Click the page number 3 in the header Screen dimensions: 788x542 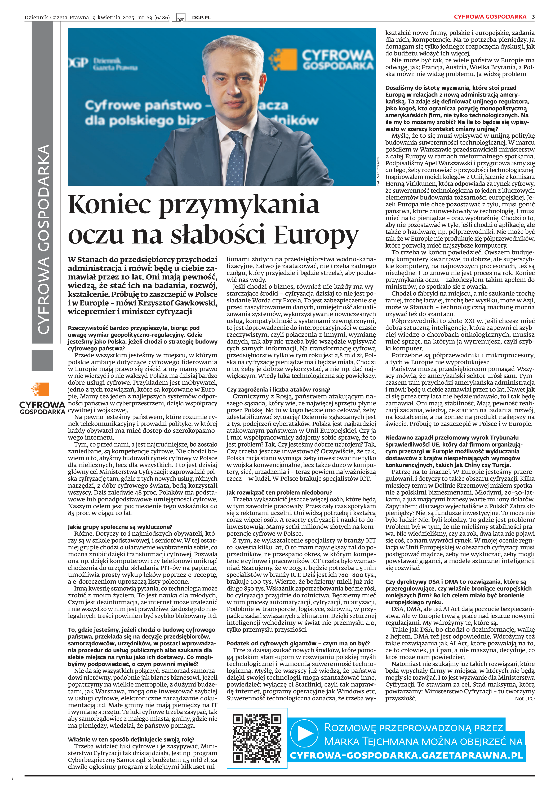click(533, 17)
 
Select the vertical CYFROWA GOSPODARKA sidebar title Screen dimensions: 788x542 click(43, 240)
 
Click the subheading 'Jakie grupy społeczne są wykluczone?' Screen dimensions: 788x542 click(120, 527)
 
